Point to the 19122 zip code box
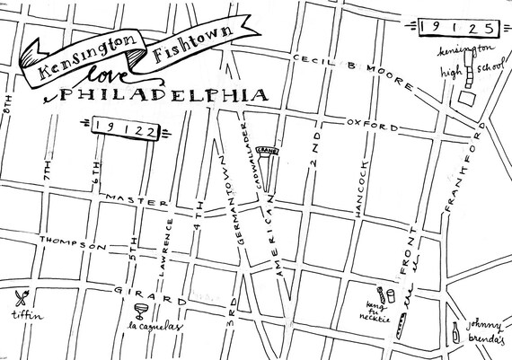[126, 130]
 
